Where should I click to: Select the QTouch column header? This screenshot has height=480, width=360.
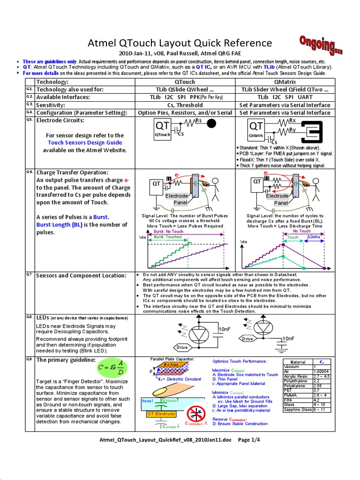pyautogui.click(x=184, y=82)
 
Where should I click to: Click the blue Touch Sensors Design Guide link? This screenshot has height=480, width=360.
pyautogui.click(x=84, y=142)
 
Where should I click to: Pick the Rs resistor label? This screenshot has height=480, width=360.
pyautogui.click(x=198, y=120)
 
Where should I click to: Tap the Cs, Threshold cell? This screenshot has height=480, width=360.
pyautogui.click(x=184, y=105)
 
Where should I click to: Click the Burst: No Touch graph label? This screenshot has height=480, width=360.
pyautogui.click(x=168, y=232)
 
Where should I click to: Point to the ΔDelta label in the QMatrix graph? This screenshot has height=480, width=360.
pyautogui.click(x=314, y=237)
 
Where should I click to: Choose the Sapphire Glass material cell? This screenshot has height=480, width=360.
pyautogui.click(x=298, y=409)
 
